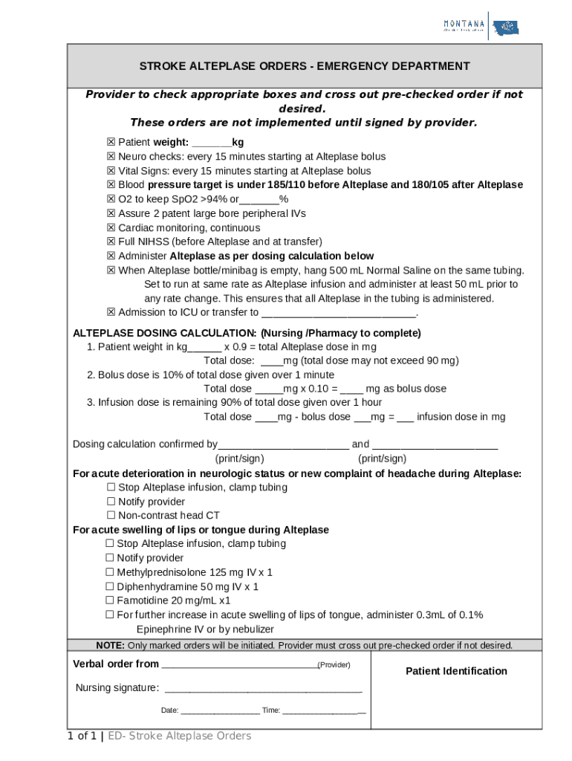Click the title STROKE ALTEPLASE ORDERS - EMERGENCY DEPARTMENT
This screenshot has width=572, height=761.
coord(305,66)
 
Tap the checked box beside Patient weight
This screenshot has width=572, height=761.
coord(111,143)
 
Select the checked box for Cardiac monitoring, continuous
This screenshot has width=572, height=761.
coord(111,227)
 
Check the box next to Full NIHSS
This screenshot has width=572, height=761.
coord(111,242)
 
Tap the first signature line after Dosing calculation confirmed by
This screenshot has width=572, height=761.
coord(283,445)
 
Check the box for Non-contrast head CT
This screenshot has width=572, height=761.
coord(111,516)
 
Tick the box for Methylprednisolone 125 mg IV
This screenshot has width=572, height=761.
coord(110,572)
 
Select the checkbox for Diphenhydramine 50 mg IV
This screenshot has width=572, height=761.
coord(110,586)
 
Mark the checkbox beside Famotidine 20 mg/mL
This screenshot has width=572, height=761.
coord(110,600)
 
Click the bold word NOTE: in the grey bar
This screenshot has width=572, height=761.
coord(110,645)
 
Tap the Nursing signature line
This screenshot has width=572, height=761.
coord(263,688)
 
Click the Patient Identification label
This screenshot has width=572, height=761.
coord(456,671)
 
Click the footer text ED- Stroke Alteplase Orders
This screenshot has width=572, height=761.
coord(179,736)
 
